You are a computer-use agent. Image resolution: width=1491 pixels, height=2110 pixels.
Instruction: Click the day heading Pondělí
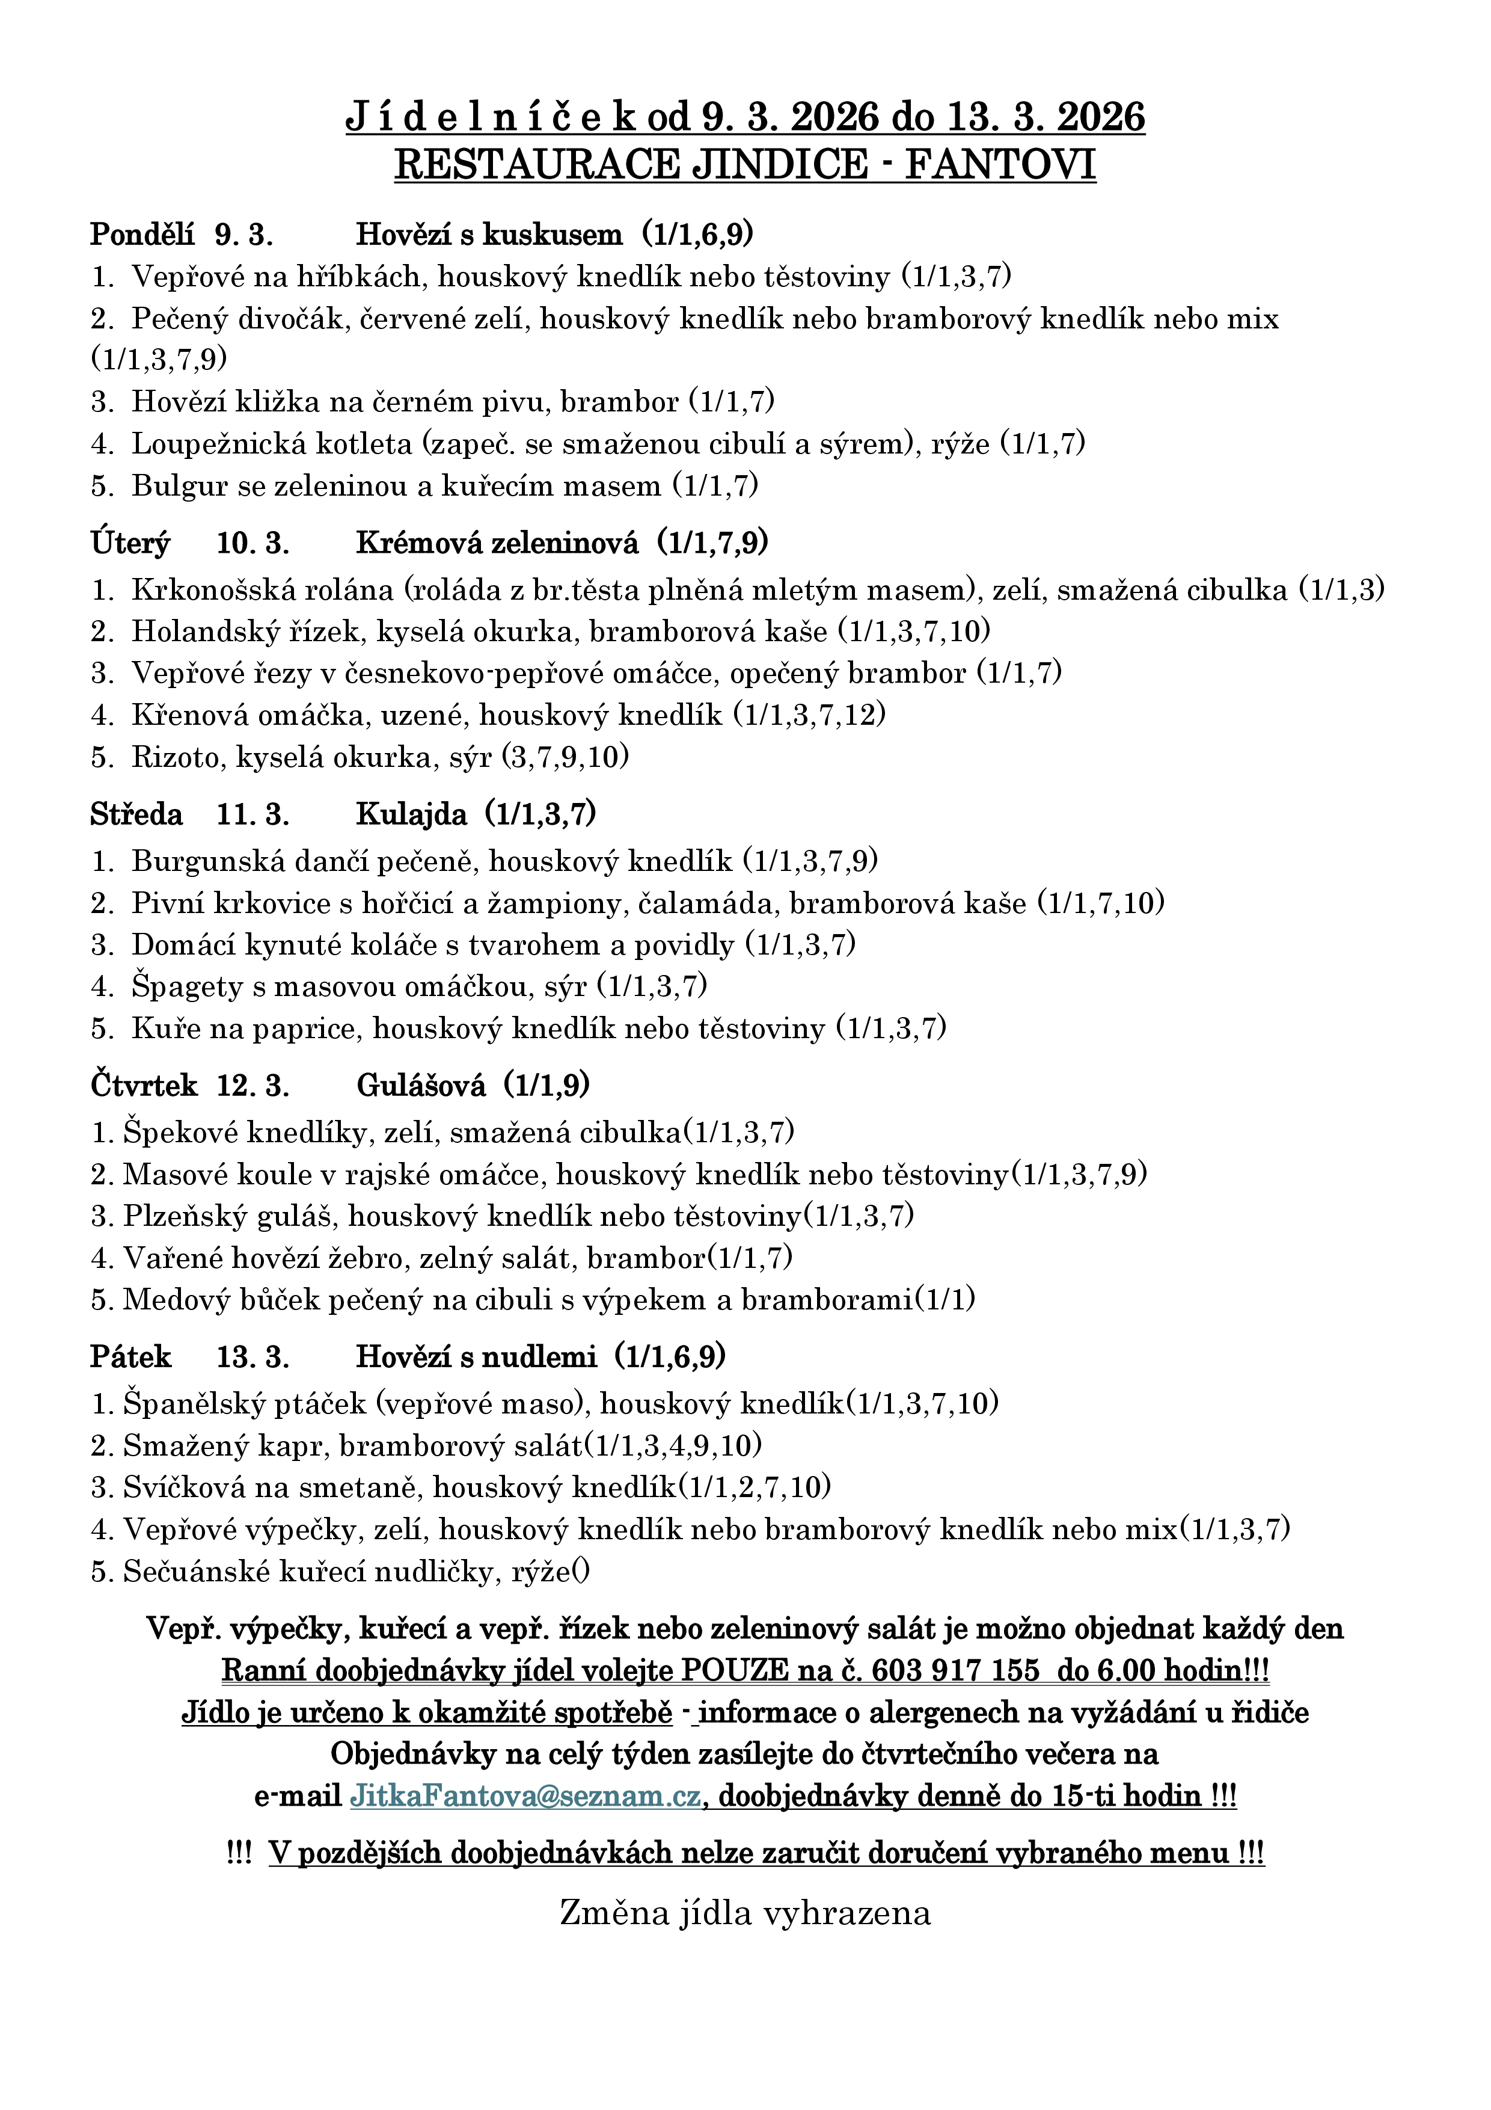142,235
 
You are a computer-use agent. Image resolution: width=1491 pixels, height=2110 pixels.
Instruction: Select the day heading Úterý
130,544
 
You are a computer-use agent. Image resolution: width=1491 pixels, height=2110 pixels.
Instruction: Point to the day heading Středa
136,814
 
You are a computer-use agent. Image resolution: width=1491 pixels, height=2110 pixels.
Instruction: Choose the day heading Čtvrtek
144,1086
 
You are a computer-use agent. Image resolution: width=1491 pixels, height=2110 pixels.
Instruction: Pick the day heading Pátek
130,1356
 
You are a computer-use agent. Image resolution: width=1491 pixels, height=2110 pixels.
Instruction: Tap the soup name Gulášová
421,1086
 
